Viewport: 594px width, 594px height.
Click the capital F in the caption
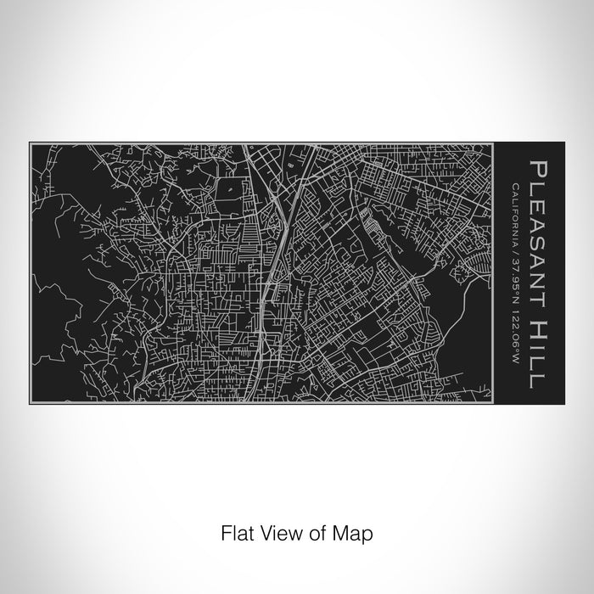point(226,534)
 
